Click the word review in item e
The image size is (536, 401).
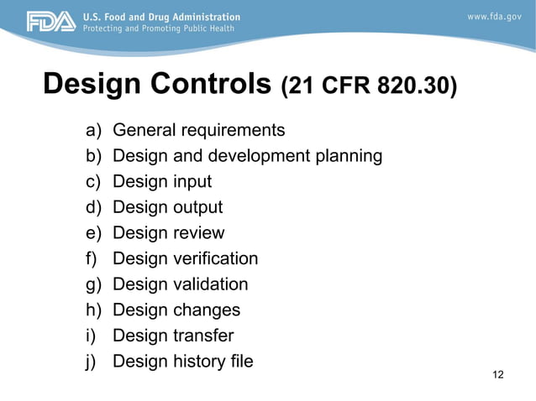click(x=198, y=233)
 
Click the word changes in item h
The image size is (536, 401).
click(x=206, y=310)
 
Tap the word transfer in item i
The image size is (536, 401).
click(x=203, y=336)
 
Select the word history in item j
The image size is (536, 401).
click(x=201, y=362)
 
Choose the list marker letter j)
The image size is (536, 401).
click(x=92, y=362)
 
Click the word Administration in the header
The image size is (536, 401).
click(x=202, y=17)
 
